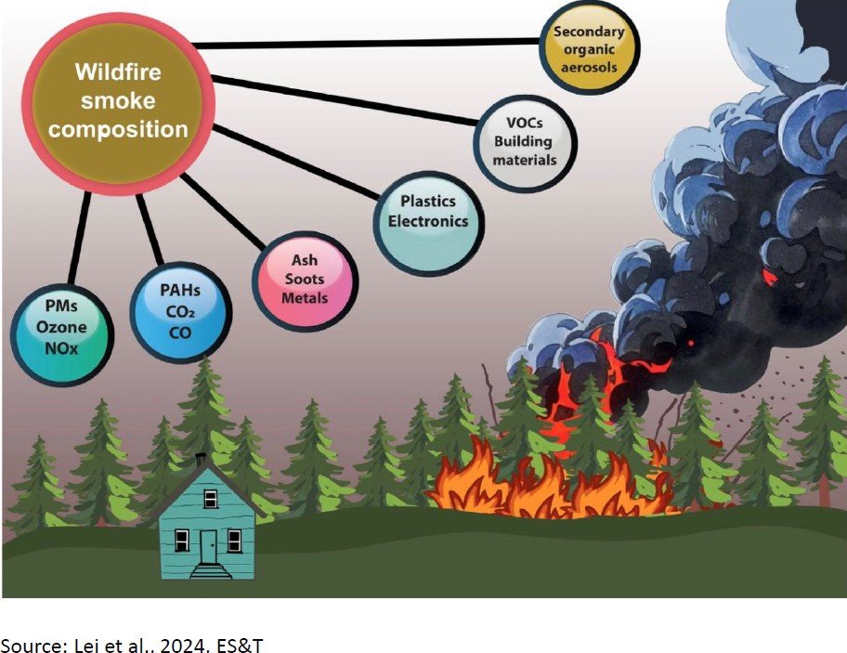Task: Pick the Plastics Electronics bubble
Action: pyautogui.click(x=429, y=212)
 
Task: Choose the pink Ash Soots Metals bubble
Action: pyautogui.click(x=305, y=281)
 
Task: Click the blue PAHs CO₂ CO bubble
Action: pyautogui.click(x=179, y=311)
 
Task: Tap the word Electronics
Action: pyautogui.click(x=429, y=222)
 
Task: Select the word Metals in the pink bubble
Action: pyautogui.click(x=305, y=298)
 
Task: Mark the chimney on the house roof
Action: pyautogui.click(x=200, y=462)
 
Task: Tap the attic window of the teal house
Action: pyautogui.click(x=211, y=500)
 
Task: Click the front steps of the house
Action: pyautogui.click(x=210, y=570)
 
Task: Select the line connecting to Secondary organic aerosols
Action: pyautogui.click(x=371, y=43)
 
